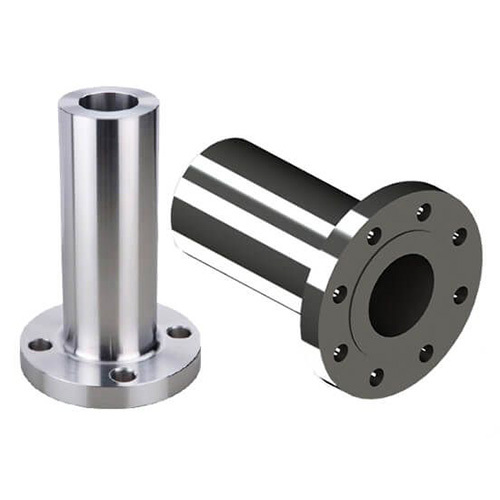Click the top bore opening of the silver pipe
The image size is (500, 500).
pos(108,101)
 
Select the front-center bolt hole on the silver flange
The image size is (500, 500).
pos(123,375)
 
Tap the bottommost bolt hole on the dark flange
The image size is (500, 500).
pos(376,377)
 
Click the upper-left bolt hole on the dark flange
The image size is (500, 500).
pos(373,236)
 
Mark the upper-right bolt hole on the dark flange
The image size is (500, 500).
pos(459,237)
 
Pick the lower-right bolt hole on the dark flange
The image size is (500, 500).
pos(426,353)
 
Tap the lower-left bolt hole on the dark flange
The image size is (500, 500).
pos(341,352)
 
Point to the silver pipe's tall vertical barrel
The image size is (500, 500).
pos(108,220)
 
